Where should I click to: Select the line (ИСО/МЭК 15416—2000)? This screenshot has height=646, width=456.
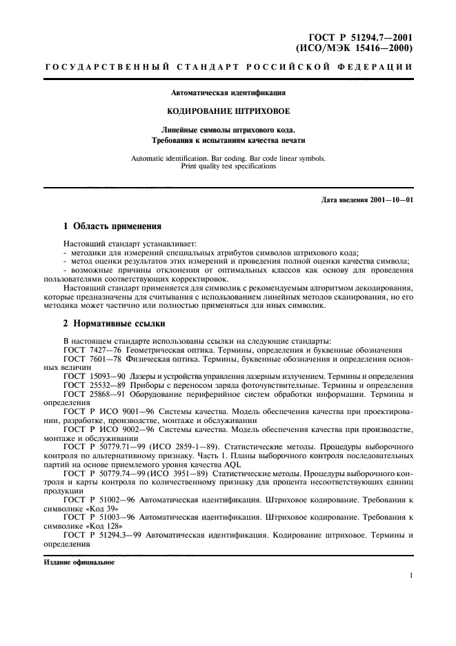354,48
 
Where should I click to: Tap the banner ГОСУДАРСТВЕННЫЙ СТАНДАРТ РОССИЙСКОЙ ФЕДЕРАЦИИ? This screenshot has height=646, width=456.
228,67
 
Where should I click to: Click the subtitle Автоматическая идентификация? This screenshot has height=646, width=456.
228,92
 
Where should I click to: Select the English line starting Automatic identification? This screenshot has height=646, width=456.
228,158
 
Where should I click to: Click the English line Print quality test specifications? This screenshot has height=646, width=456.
228,166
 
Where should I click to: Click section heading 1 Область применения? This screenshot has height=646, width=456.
112,226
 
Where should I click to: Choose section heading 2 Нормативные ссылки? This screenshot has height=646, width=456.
113,323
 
